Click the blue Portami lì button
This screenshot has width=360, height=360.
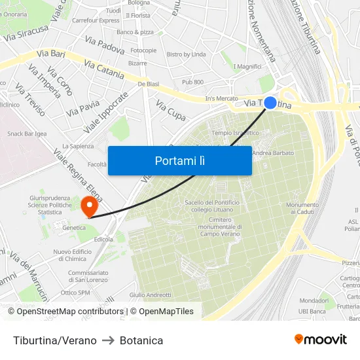point(179,160)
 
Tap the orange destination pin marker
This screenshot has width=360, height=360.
point(89,207)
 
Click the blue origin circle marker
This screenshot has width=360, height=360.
point(270,103)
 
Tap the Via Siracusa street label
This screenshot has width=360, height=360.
point(26,33)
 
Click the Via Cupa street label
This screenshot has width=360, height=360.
point(171,110)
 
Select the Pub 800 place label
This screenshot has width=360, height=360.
point(192,82)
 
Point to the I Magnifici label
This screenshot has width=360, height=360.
point(247,66)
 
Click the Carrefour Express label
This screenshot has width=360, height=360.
point(96,20)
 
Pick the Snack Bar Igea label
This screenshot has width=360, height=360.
point(27,134)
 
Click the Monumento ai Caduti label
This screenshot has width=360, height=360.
point(302,208)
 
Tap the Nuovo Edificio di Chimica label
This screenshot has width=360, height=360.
point(73,255)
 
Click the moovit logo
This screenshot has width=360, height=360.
point(321,339)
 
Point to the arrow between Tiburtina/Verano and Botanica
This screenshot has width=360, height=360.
point(108,340)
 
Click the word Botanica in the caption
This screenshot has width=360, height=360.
point(141,340)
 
